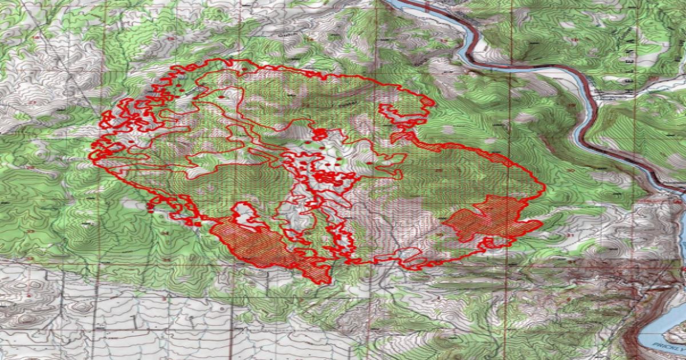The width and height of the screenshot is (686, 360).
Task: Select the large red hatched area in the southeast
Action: [x=492, y=220]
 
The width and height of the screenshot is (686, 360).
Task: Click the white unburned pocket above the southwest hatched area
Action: [x=243, y=214]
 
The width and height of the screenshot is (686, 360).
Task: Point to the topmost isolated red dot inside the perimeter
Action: [x=245, y=69]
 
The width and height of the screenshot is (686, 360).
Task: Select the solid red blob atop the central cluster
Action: [x=320, y=134]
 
